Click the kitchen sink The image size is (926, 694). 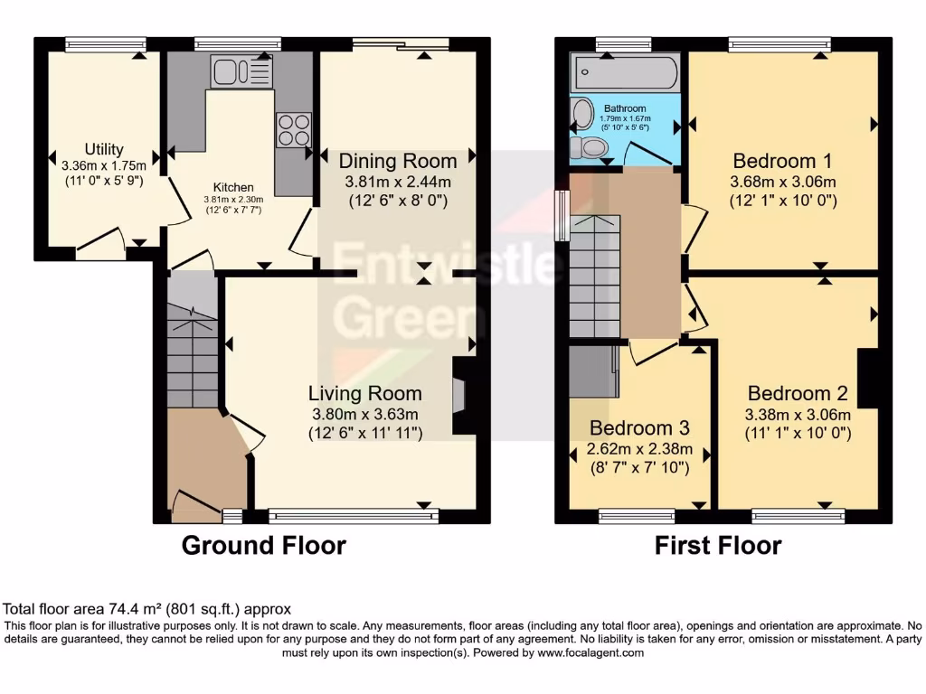(x=241, y=72)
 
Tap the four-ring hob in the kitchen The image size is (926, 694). (x=294, y=130)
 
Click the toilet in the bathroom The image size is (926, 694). (x=588, y=147)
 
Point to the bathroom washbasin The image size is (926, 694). (x=582, y=115)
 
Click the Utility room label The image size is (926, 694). (x=104, y=149)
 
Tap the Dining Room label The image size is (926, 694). (x=398, y=161)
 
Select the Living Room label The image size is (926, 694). (x=365, y=394)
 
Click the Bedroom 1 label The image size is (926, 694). (x=782, y=161)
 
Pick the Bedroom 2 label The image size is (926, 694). (x=798, y=393)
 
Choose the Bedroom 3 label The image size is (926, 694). (x=639, y=427)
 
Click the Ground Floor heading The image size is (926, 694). (x=264, y=545)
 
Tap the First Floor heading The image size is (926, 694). (x=718, y=545)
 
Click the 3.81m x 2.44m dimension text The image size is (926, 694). (x=398, y=182)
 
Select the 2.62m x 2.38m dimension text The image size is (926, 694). (x=639, y=449)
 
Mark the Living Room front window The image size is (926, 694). (x=354, y=516)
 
